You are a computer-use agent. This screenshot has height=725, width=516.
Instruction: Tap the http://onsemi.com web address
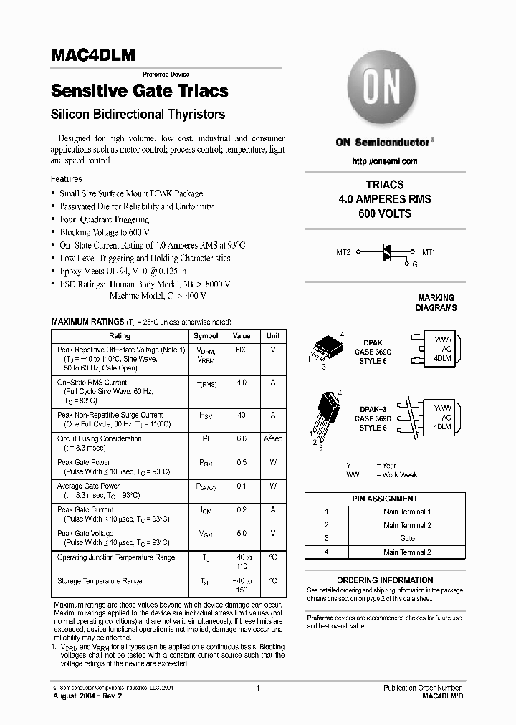[384, 161]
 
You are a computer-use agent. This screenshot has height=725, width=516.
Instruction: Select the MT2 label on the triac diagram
[343, 252]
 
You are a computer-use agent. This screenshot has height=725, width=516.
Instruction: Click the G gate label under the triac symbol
[415, 264]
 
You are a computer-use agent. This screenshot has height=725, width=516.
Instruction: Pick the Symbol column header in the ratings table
[206, 336]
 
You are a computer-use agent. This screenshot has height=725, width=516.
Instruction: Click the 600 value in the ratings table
[242, 350]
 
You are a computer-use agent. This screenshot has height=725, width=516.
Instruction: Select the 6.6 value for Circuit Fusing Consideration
[242, 438]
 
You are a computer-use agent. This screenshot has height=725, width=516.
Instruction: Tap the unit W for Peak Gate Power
[273, 462]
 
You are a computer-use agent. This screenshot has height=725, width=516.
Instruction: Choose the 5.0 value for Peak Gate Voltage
[242, 533]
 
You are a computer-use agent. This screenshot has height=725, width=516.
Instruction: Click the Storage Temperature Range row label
[100, 581]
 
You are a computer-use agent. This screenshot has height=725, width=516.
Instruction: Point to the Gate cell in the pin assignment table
[407, 537]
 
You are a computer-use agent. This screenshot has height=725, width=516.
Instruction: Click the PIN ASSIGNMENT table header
[385, 499]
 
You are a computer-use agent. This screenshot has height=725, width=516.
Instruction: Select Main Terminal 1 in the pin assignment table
[407, 512]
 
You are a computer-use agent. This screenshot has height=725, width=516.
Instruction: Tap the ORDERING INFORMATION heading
[385, 580]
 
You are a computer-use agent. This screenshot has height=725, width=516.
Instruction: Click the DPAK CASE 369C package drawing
[327, 350]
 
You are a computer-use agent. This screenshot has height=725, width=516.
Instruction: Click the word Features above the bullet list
[67, 179]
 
